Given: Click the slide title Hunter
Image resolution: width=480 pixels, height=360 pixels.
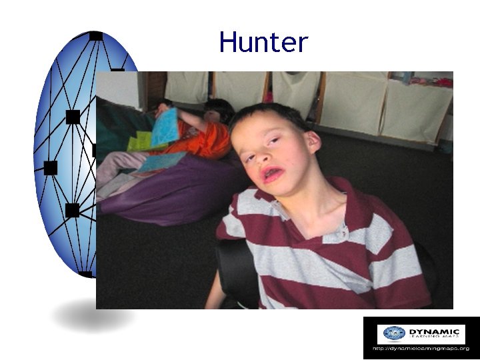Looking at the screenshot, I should coord(263,43).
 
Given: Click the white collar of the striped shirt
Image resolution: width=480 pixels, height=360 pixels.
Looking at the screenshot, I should coord(335,233).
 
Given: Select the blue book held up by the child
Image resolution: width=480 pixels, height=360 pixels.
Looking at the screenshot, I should coord(164,127).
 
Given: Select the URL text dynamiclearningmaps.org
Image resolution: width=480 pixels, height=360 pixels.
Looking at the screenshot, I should coord(421,348).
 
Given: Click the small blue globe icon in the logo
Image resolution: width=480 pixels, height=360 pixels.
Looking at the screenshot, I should coord(394,333).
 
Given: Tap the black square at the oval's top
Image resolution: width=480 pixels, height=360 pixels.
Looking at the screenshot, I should coord(95,35).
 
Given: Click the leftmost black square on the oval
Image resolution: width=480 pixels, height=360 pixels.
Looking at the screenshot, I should coord(50,167).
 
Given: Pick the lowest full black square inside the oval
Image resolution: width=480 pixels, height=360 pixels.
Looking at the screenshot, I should coord(72,211).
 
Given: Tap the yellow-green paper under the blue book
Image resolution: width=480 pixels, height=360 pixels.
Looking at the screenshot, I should coord(140,141).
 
